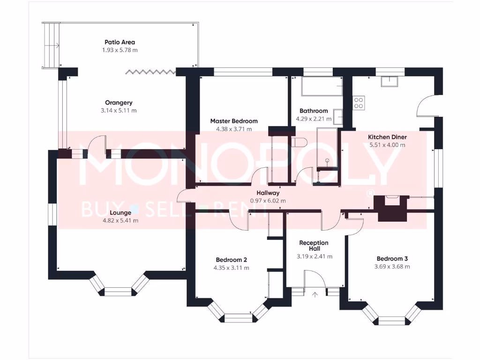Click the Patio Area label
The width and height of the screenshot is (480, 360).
click(120, 42)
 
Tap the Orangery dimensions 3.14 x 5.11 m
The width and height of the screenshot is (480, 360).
click(119, 111)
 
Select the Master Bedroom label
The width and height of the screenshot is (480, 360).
click(233, 121)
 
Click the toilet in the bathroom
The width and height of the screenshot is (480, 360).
click(299, 142)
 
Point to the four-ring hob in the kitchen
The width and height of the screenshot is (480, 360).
click(359, 103)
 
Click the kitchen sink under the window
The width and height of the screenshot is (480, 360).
click(390, 82)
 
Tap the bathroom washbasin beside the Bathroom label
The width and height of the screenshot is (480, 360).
click(338, 115)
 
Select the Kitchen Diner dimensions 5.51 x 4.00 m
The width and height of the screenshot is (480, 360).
click(387, 145)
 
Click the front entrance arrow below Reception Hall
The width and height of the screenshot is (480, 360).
click(315, 294)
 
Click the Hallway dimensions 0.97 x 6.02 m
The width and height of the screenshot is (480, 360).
click(268, 201)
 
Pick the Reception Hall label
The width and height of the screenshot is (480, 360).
click(314, 246)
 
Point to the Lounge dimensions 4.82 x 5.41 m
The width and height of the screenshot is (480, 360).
click(120, 220)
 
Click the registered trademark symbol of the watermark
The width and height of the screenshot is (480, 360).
click(370, 193)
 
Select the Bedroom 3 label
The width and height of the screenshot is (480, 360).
click(392, 259)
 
